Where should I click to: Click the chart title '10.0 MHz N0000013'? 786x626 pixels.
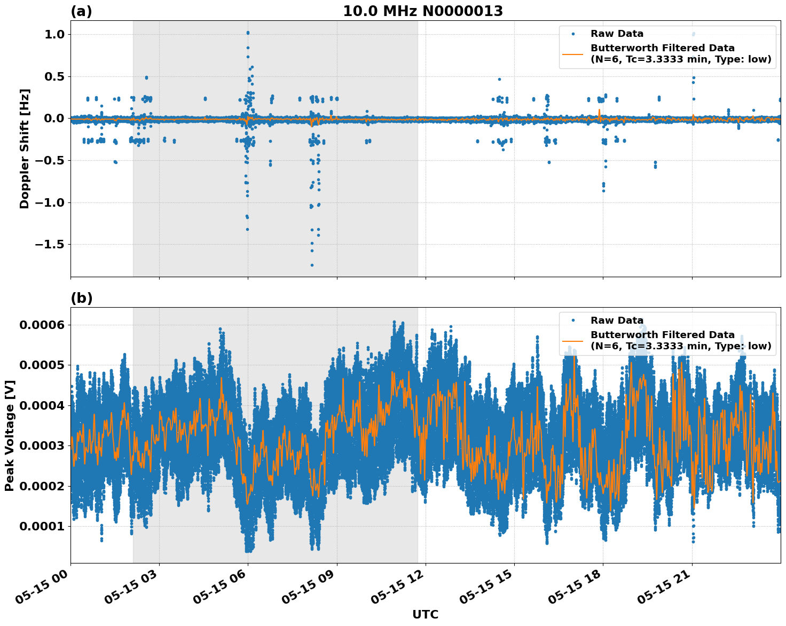point(422,11)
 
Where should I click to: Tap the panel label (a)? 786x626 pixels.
point(81,11)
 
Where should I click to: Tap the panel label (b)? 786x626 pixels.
point(81,298)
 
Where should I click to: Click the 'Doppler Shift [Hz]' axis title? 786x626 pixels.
point(25,148)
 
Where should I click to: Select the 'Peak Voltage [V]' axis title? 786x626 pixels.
point(10,435)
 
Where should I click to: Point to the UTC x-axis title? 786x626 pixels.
point(425,614)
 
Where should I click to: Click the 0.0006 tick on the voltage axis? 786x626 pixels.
point(42,325)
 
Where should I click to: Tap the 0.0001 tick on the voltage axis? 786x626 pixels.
point(42,527)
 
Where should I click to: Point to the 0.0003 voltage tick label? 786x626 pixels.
point(42,446)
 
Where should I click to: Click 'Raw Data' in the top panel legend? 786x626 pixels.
point(617,34)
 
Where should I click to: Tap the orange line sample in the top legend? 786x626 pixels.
point(572,53)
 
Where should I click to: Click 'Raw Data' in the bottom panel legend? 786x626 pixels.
point(617,320)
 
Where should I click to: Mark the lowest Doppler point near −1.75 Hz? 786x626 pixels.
point(312,265)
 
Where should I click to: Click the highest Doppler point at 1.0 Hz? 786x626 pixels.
point(248,33)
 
